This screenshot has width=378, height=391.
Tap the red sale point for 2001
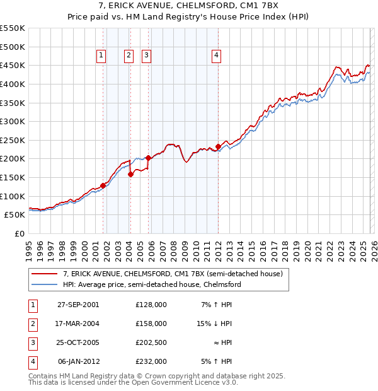coord(103,185)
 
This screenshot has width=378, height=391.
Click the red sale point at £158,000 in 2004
coord(130,175)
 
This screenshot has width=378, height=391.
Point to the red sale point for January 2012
coord(218,147)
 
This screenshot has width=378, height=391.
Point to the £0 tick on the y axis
coord(19,233)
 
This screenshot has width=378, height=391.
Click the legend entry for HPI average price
coord(152,284)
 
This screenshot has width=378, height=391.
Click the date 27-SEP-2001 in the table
coord(78,305)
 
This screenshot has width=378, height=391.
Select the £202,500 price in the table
coord(151,342)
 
